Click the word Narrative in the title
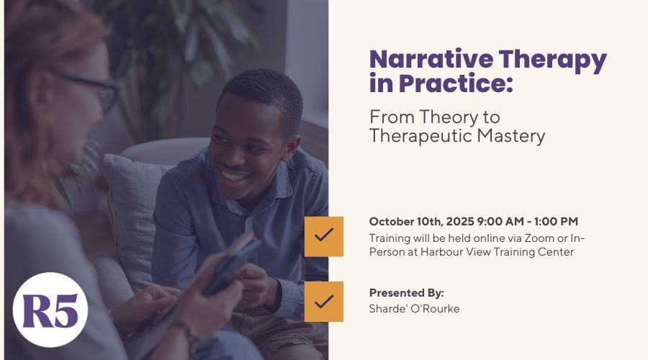coord(431,59)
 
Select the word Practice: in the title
coord(456,83)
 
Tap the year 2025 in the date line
coord(460,222)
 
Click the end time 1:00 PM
coord(556,222)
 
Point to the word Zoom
coord(539,238)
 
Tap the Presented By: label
coord(406,294)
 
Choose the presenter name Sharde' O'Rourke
coord(414,309)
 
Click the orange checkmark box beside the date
coord(323,236)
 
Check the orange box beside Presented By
coord(323,301)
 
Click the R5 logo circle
coord(50,310)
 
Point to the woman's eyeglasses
coord(95,89)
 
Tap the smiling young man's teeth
coord(234,177)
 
